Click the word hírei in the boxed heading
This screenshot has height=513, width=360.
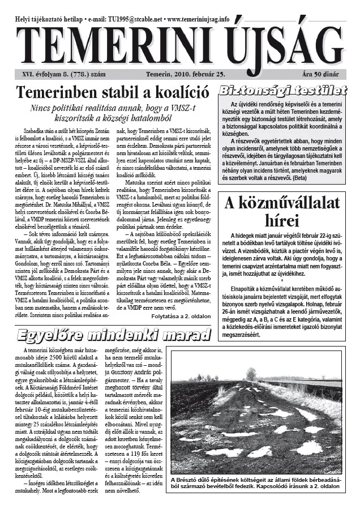(x=281, y=220)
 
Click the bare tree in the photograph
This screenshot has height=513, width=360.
(x=251, y=374)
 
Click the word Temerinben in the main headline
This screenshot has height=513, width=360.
(x=57, y=92)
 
